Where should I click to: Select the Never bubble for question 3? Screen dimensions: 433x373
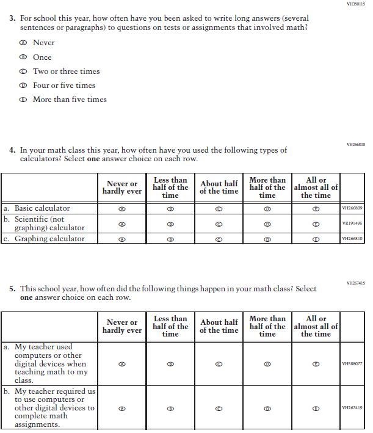[23, 43]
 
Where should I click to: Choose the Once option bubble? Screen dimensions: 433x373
[23, 57]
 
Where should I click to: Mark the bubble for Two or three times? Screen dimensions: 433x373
[23, 71]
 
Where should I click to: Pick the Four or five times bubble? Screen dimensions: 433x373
[23, 86]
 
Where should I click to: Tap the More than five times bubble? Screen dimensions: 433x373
[23, 100]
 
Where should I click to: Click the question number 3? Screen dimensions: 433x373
[12, 19]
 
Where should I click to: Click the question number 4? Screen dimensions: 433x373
[12, 150]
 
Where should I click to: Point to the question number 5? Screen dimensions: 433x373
[12, 289]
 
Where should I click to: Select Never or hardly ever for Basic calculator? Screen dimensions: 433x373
[121, 208]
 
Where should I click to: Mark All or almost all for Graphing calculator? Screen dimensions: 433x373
[316, 239]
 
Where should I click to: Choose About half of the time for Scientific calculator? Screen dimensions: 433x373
[219, 224]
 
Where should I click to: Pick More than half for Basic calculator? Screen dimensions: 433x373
[267, 208]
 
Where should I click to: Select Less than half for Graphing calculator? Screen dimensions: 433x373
[170, 239]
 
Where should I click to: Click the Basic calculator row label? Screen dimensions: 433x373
[42, 208]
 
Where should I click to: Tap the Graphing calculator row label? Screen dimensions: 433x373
[49, 239]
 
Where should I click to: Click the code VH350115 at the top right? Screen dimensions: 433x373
[355, 4]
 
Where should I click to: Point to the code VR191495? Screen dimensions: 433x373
[352, 224]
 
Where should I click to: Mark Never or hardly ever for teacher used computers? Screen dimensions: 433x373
[121, 363]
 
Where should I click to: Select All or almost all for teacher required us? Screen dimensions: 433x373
[316, 408]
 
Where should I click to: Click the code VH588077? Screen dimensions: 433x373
[352, 363]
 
